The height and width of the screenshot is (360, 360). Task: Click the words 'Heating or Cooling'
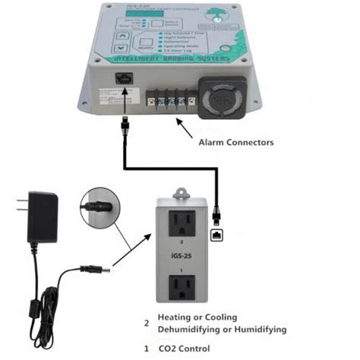coord(197,317)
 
